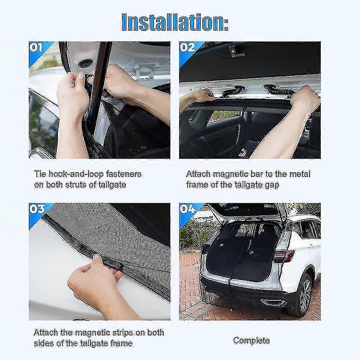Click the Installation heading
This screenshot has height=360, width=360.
[x=174, y=22]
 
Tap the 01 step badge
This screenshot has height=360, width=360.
[x=36, y=47]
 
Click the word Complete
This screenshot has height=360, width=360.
[x=251, y=340]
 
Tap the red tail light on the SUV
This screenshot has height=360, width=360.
[x=284, y=256]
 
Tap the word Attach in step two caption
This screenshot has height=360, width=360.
[x=198, y=174]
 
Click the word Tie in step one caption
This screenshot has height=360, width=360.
[x=40, y=174]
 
